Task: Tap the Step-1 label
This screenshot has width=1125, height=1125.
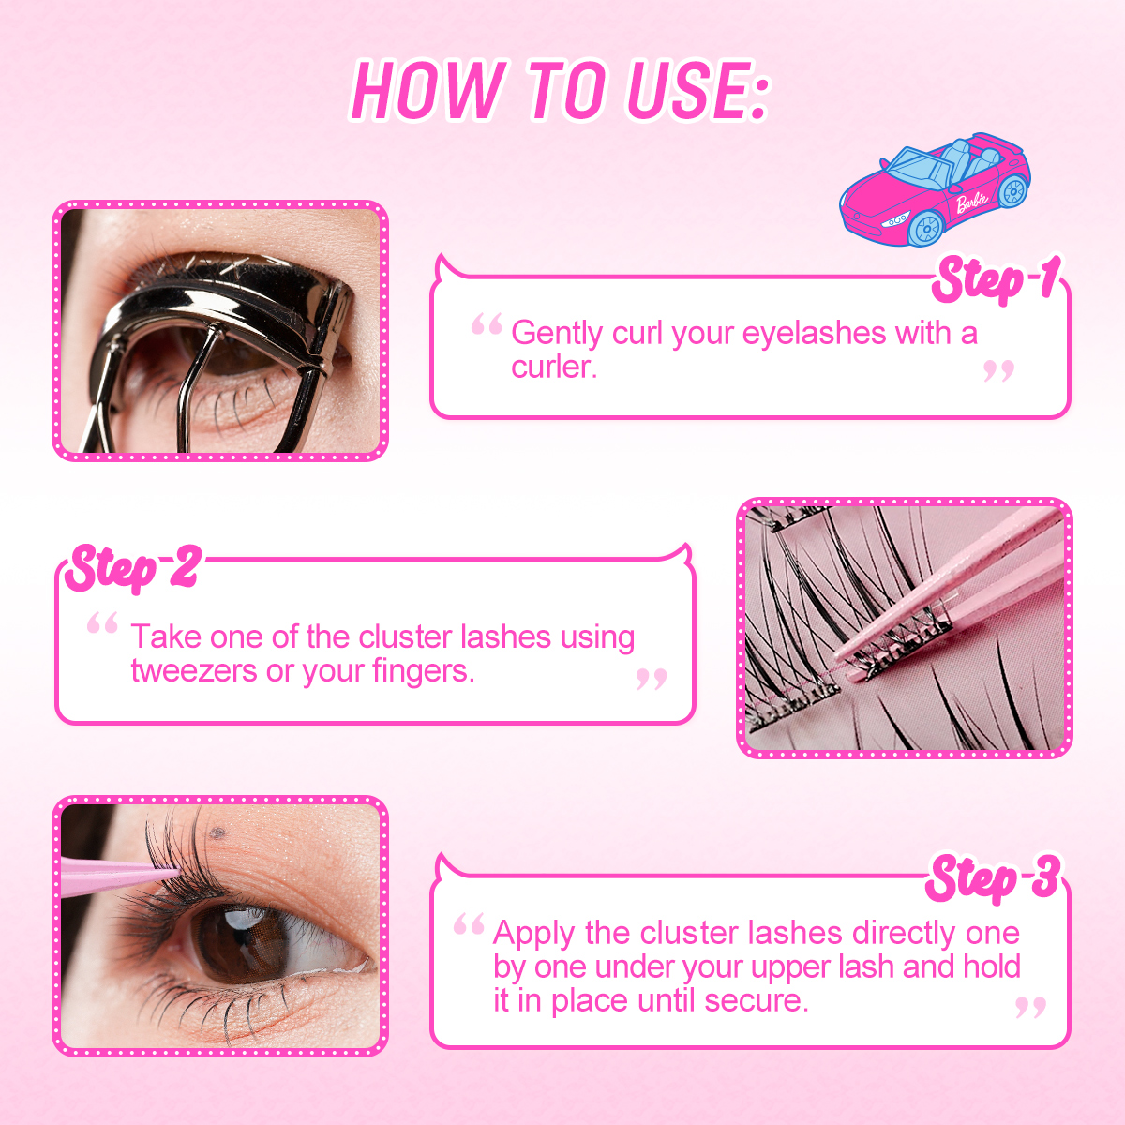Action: [x=996, y=279]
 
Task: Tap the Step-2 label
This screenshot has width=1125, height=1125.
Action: [x=132, y=568]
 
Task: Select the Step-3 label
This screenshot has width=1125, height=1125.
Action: [x=993, y=879]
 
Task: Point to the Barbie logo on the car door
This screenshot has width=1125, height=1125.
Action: [x=972, y=200]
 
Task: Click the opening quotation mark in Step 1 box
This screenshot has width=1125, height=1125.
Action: [x=487, y=325]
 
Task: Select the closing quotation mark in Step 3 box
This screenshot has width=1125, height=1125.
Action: [x=1030, y=1008]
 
